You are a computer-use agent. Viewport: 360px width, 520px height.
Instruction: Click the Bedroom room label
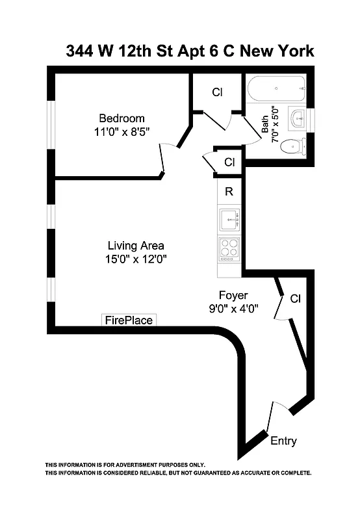point(121,118)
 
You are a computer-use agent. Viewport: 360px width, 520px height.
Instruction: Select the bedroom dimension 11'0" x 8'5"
point(121,131)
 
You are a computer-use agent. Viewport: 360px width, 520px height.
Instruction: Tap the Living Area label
point(135,246)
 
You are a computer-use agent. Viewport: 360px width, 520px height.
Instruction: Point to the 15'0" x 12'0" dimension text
point(135,259)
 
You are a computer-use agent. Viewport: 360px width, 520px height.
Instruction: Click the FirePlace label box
point(129,320)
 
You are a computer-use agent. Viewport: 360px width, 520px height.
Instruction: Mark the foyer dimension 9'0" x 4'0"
point(234,309)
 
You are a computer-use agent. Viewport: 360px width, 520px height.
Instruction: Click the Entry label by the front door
point(283,441)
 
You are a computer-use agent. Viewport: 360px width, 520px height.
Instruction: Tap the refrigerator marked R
point(229,192)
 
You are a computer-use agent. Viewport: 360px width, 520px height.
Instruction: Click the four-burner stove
point(229,250)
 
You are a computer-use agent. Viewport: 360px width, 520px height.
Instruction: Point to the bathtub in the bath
point(276,88)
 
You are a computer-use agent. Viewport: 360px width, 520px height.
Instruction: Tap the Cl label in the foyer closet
point(295,299)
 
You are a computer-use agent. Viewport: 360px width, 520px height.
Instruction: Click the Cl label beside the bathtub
point(217,92)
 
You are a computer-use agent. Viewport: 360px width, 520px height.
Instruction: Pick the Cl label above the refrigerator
point(229,162)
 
